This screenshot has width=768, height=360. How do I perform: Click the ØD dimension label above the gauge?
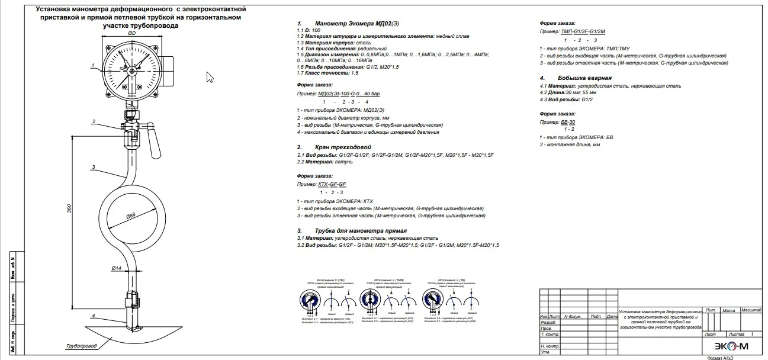(x=132, y=34)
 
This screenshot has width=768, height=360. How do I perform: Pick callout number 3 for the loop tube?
(x=94, y=168)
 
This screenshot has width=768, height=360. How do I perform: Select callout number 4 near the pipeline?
(x=93, y=316)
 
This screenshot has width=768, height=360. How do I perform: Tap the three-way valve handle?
(x=156, y=142)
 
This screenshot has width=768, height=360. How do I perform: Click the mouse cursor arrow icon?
(x=210, y=78)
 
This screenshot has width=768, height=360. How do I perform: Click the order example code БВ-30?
(x=567, y=122)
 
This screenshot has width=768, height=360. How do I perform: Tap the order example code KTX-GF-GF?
(x=332, y=185)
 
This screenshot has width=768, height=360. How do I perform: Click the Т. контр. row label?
(x=550, y=335)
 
